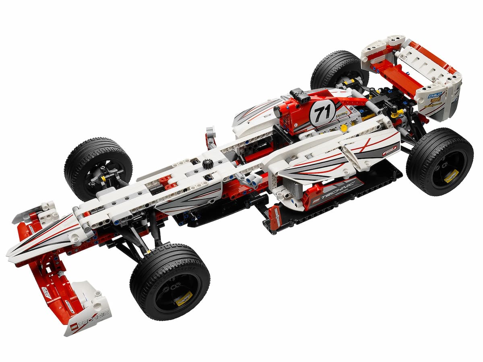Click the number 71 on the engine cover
(322, 113)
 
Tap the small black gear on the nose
(207, 163)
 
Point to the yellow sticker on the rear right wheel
(451, 176)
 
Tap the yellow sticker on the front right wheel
(183, 299)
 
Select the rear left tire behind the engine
(338, 68)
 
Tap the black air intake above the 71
(299, 96)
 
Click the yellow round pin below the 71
(343, 128)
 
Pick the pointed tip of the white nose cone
(9, 255)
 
